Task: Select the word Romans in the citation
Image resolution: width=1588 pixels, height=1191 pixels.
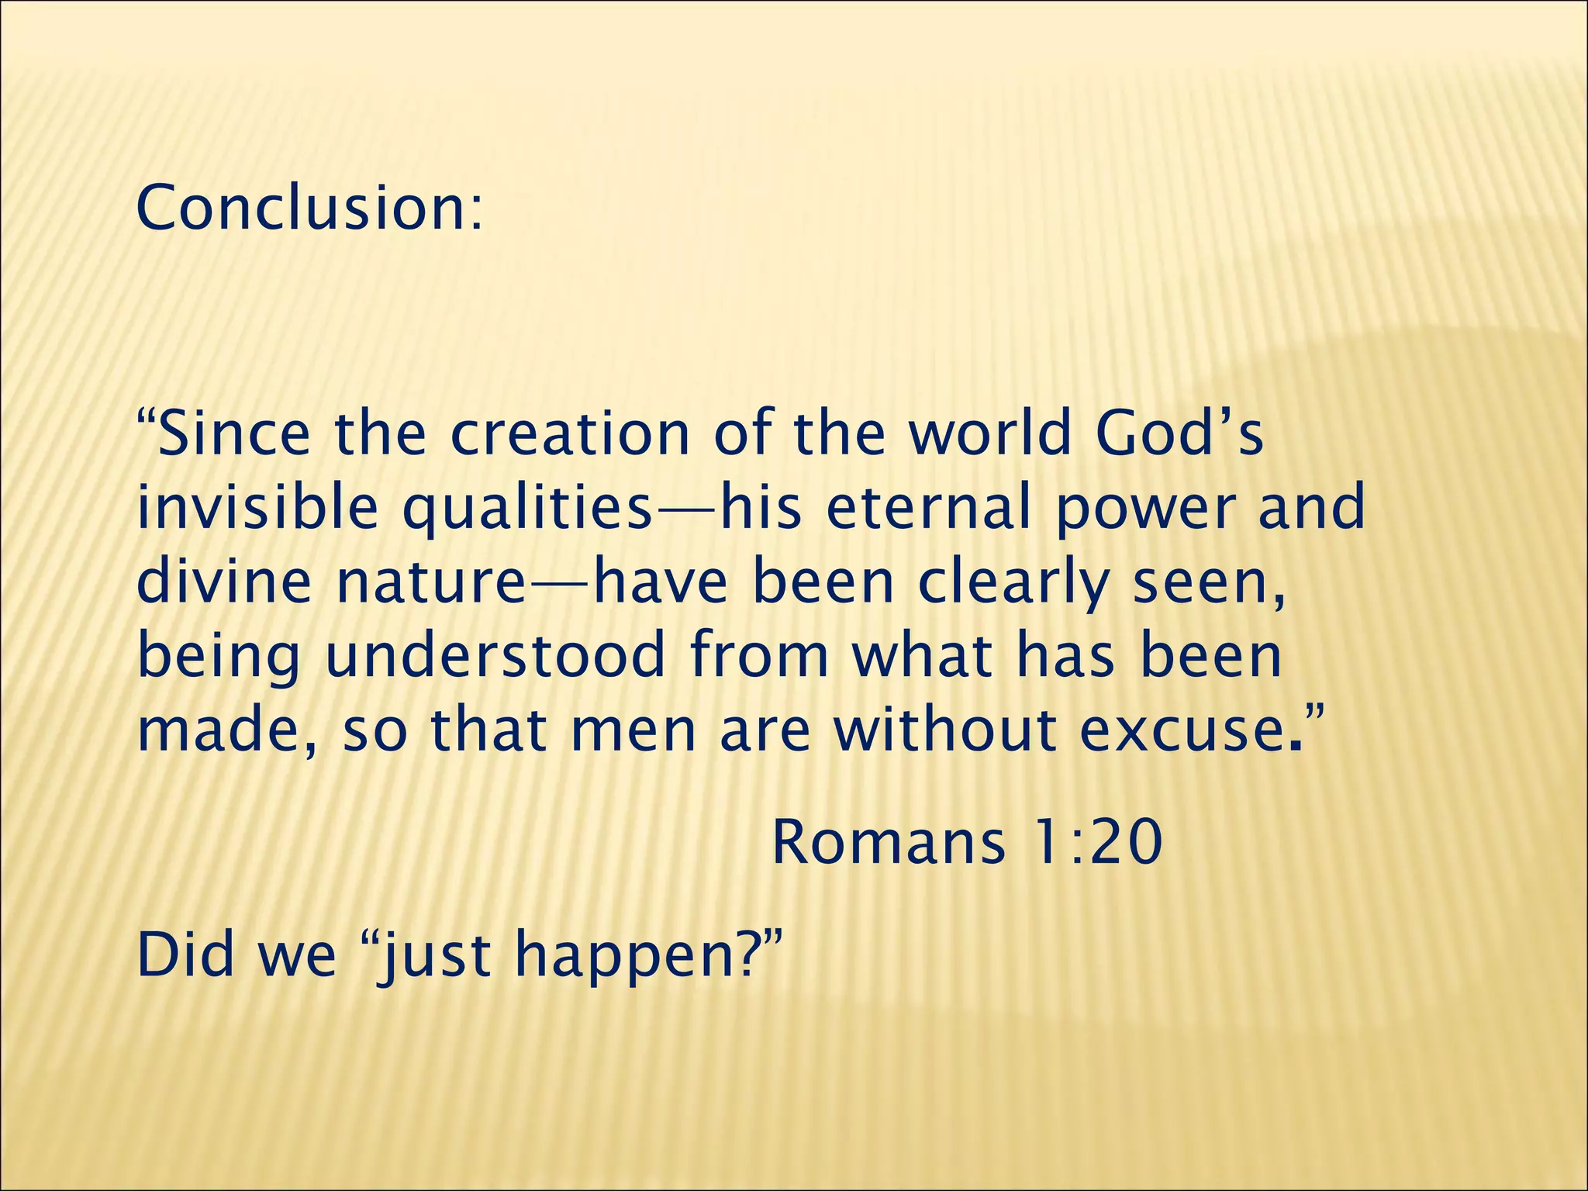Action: (x=889, y=843)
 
